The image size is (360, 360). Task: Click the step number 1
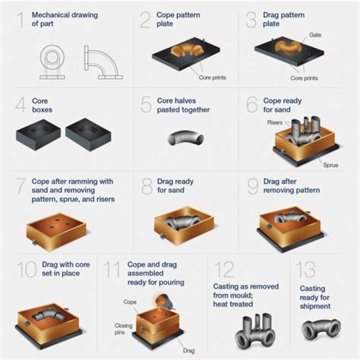pyautogui.click(x=21, y=21)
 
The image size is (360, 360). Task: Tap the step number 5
pyautogui.click(x=147, y=104)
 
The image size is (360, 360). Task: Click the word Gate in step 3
pyautogui.click(x=316, y=35)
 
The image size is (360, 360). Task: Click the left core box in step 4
pyautogui.click(x=37, y=134)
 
